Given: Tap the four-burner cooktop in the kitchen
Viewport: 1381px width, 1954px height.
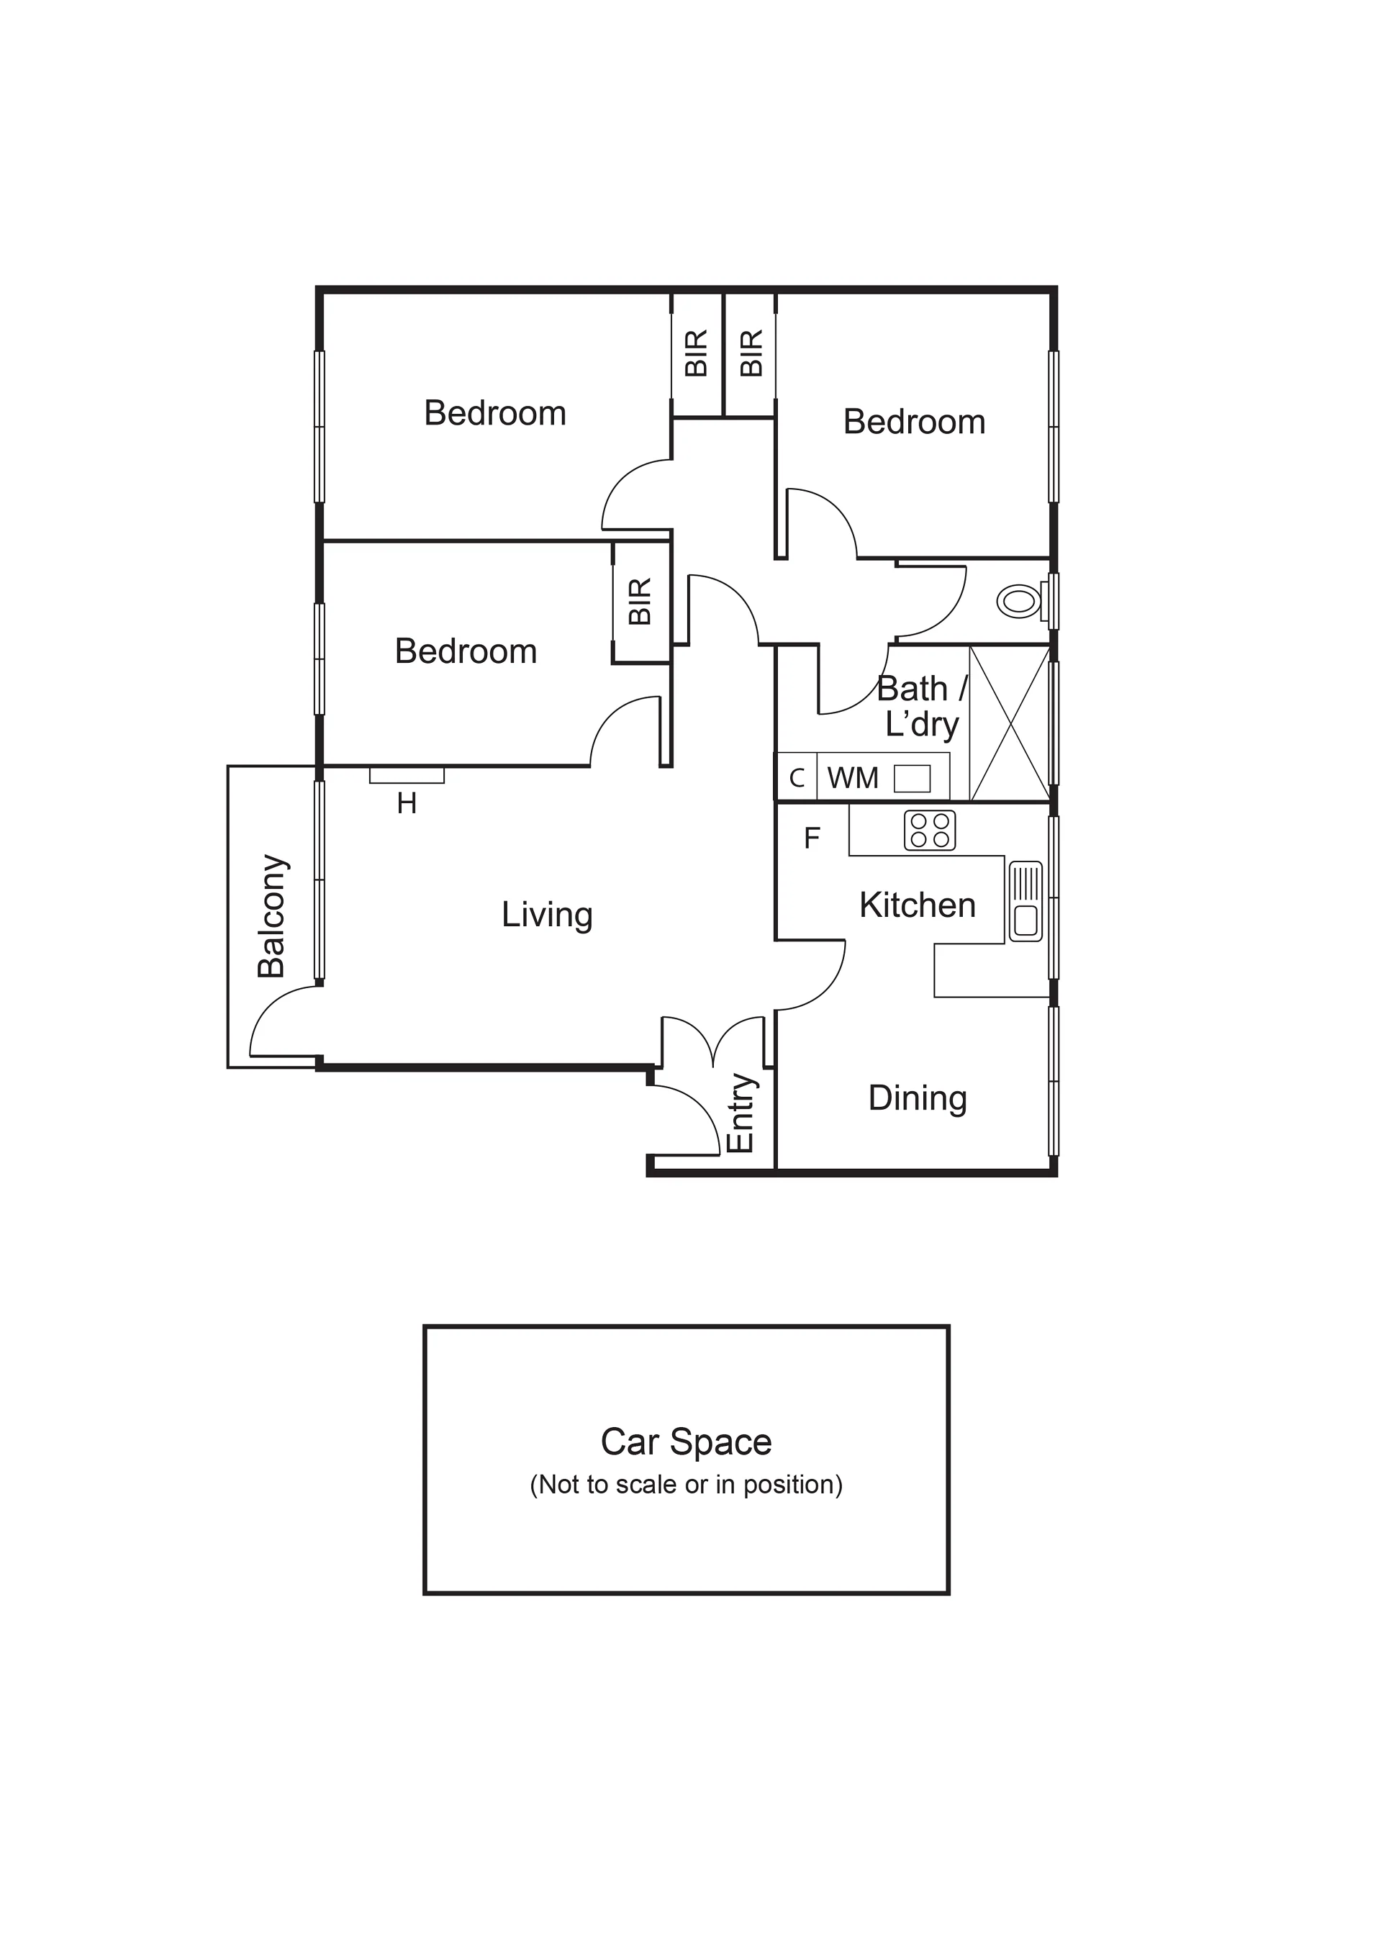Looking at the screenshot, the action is tap(929, 831).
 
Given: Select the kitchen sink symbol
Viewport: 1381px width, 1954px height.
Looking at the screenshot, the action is tap(1025, 901).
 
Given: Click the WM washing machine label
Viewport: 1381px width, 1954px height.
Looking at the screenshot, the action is tap(853, 778).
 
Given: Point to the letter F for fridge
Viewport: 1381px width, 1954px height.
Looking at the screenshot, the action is tap(812, 838).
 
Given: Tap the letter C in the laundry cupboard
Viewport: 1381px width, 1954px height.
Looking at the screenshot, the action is tap(797, 778).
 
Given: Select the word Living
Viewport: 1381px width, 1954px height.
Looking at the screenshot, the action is tap(546, 915).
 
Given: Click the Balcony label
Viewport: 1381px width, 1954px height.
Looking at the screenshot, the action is tap(272, 915).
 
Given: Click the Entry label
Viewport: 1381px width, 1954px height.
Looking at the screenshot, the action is tap(741, 1113).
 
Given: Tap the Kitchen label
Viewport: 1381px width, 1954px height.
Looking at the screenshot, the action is tap(918, 905).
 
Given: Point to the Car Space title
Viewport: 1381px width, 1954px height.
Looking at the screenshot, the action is tap(686, 1442).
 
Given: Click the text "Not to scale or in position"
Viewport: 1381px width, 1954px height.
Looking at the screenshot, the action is tap(686, 1484).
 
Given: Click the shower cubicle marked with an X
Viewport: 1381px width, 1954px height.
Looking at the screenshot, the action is tap(1009, 724).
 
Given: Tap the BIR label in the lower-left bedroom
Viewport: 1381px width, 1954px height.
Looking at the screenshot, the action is tap(640, 602).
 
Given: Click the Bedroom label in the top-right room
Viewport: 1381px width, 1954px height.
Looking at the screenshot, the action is tap(914, 422).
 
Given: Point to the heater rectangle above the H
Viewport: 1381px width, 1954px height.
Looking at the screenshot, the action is tap(407, 775).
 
